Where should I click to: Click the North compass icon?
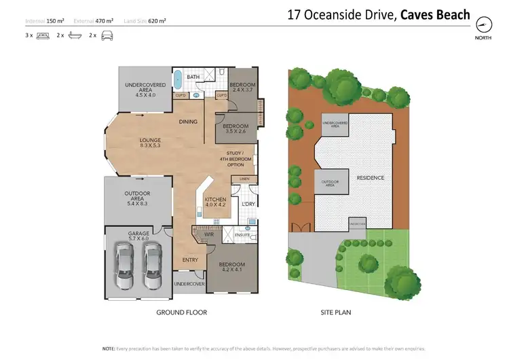(x=483, y=25)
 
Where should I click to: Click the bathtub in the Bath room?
(x=178, y=79)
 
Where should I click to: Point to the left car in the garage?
(x=124, y=267)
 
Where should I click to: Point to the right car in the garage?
(x=151, y=267)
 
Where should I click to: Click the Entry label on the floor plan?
(x=191, y=259)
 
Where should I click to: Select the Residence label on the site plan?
(x=371, y=178)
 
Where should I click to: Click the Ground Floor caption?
(x=181, y=312)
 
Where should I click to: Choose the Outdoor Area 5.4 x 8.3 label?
(x=138, y=197)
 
